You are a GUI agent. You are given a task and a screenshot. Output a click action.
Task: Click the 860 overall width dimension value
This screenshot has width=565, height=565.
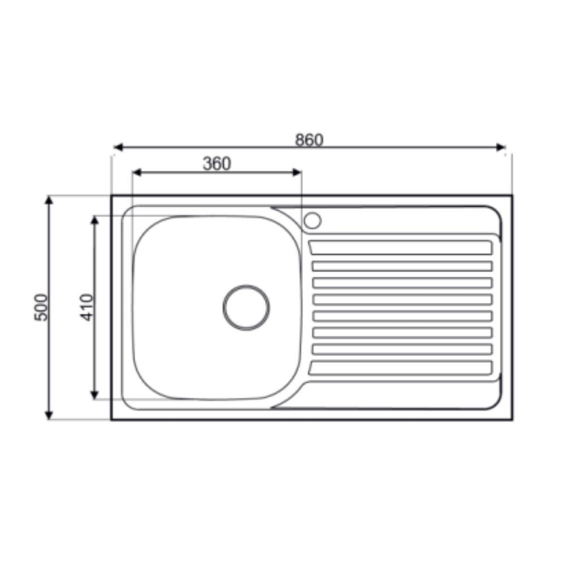pyautogui.click(x=309, y=140)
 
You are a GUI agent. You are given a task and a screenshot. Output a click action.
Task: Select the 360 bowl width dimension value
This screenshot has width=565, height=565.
pyautogui.click(x=217, y=164)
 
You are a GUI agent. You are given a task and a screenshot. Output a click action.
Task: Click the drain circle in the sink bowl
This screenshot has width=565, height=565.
pyautogui.click(x=246, y=307)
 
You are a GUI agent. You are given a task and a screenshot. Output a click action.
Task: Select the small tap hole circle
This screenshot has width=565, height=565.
pyautogui.click(x=312, y=220)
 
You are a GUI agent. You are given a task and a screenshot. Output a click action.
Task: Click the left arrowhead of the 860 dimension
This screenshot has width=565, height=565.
pyautogui.click(x=118, y=147)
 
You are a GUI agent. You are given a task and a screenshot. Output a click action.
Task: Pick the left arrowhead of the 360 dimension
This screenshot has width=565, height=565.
pyautogui.click(x=136, y=172)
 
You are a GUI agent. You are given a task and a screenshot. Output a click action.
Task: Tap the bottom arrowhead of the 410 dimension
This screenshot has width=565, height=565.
pyautogui.click(x=94, y=395)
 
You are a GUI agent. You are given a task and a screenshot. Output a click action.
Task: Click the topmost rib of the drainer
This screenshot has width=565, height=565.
pyautogui.click(x=401, y=247)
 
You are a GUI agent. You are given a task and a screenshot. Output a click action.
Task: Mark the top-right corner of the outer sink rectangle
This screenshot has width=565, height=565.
pyautogui.click(x=512, y=196)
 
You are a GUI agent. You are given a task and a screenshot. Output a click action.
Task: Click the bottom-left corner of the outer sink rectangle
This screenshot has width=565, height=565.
pyautogui.click(x=112, y=419)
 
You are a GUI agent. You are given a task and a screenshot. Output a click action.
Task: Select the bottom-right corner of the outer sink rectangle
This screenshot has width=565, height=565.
pyautogui.click(x=512, y=419)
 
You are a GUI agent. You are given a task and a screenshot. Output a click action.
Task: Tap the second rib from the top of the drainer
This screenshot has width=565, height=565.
pyautogui.click(x=402, y=266)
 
